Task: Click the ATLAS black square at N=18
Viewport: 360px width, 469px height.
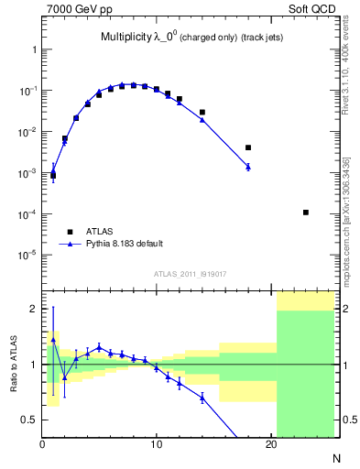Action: click(248, 147)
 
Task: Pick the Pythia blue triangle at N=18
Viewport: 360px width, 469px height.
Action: click(248, 166)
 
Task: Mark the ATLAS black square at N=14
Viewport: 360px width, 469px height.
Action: click(202, 112)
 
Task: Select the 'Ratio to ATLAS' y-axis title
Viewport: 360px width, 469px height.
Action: click(12, 364)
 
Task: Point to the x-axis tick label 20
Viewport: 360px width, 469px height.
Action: click(270, 446)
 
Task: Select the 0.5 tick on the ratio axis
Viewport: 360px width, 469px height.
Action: click(29, 420)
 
